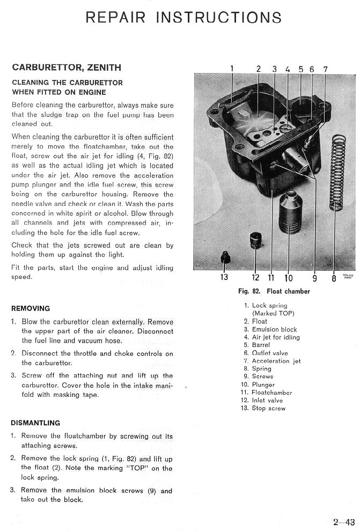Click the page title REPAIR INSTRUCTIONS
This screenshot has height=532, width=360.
183,17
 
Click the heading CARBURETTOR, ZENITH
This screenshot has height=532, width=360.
66,68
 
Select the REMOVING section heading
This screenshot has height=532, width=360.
30,308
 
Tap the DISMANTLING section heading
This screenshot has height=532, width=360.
35,423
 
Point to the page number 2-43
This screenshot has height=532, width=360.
343,522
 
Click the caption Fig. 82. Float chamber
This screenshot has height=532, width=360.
274,291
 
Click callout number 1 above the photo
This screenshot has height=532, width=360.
232,69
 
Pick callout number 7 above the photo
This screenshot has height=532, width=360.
325,69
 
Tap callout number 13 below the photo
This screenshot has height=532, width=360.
224,277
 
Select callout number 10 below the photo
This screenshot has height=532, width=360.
289,277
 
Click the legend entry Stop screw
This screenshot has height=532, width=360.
268,408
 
